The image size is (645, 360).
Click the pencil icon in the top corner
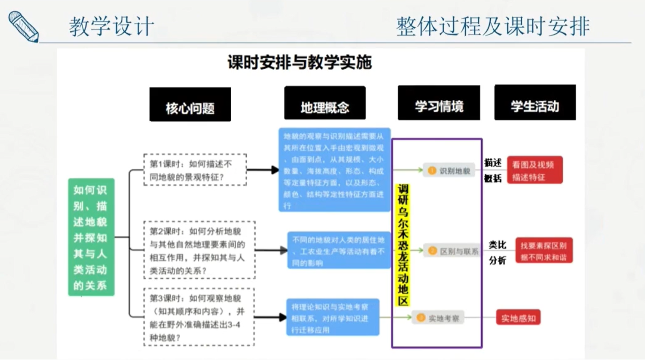pos(23,27)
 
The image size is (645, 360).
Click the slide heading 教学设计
pos(111,26)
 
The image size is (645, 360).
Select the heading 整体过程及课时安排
pos(493,26)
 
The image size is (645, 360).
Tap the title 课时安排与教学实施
pos(300,63)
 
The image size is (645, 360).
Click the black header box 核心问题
pos(190,105)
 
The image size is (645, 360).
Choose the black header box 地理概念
pos(324,103)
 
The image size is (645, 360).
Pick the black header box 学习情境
pos(439,103)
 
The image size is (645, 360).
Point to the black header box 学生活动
pos(535,103)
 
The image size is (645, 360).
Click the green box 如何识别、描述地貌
pos(91,237)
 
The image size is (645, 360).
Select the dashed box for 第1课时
pos(195,169)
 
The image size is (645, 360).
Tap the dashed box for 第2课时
pos(199,250)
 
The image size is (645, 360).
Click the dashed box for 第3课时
pos(199,317)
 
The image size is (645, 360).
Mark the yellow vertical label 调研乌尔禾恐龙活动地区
pos(403,244)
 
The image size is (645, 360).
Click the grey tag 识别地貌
pos(449,170)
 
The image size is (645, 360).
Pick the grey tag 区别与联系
pos(453,250)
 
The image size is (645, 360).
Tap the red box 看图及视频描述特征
pos(535,170)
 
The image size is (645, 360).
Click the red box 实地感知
pos(518,318)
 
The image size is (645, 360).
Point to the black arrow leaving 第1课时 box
pos(263,170)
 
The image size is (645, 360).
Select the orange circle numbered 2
pos(432,250)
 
